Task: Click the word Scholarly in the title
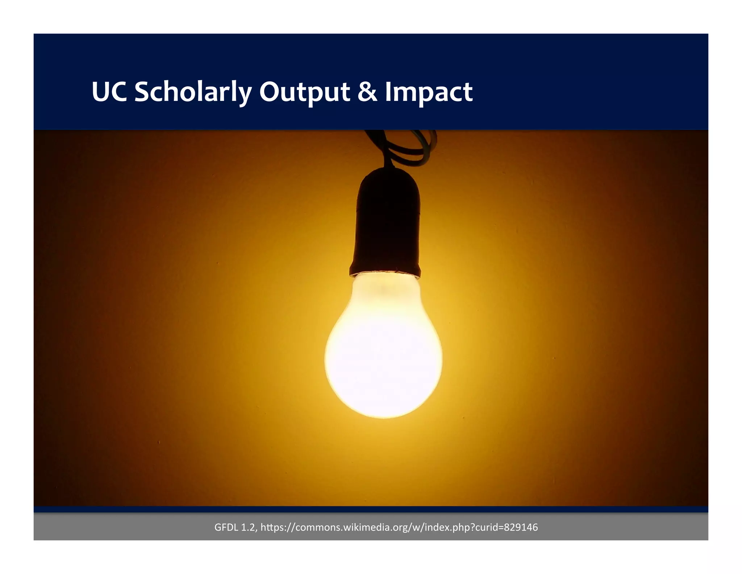point(193,92)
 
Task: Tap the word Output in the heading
point(304,92)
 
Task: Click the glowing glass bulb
point(383,359)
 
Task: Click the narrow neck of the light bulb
point(385,290)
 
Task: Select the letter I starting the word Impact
point(388,92)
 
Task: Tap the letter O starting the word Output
point(269,92)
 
